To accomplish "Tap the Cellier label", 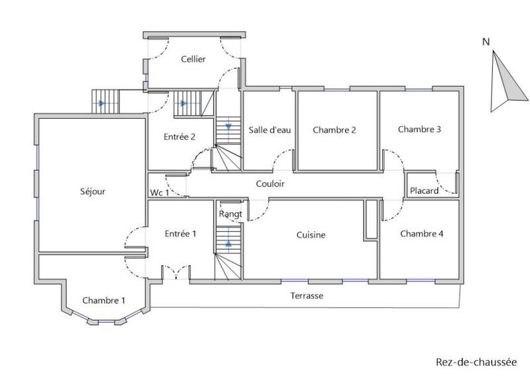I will pyautogui.click(x=193, y=59).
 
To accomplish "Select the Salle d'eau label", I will pyautogui.click(x=270, y=130).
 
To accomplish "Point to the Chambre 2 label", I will pyautogui.click(x=335, y=130).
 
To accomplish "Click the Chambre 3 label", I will pyautogui.click(x=419, y=129).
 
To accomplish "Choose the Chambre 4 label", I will pyautogui.click(x=421, y=234).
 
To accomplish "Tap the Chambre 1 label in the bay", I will pyautogui.click(x=103, y=300).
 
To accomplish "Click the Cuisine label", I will pyautogui.click(x=311, y=235).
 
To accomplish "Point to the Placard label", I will pyautogui.click(x=424, y=191).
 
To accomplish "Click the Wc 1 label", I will pyautogui.click(x=159, y=192).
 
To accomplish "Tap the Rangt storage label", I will pyautogui.click(x=230, y=213).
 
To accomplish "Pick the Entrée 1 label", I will pyautogui.click(x=180, y=233).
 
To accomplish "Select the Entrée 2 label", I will pyautogui.click(x=180, y=137).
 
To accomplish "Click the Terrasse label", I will pyautogui.click(x=307, y=296).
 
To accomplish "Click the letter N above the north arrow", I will pyautogui.click(x=486, y=42).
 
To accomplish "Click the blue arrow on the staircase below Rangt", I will pyautogui.click(x=229, y=243).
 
